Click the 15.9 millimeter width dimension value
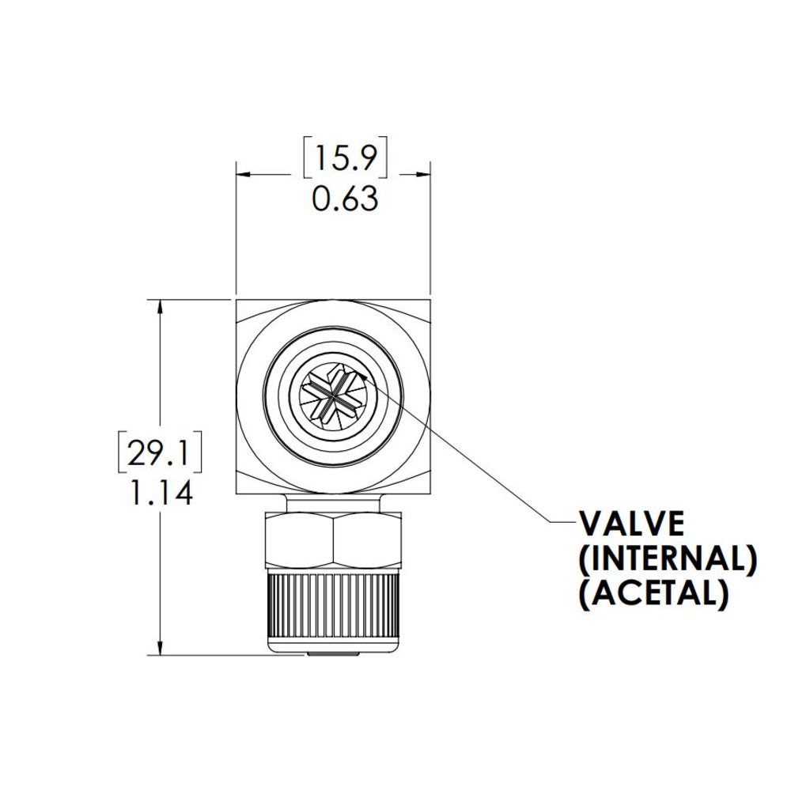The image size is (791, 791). pos(346,159)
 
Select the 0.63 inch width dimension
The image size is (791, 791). pos(345,199)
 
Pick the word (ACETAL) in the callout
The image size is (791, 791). pos(653,593)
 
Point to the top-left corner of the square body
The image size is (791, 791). pos(237,301)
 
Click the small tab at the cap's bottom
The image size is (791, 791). pos(333,653)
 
